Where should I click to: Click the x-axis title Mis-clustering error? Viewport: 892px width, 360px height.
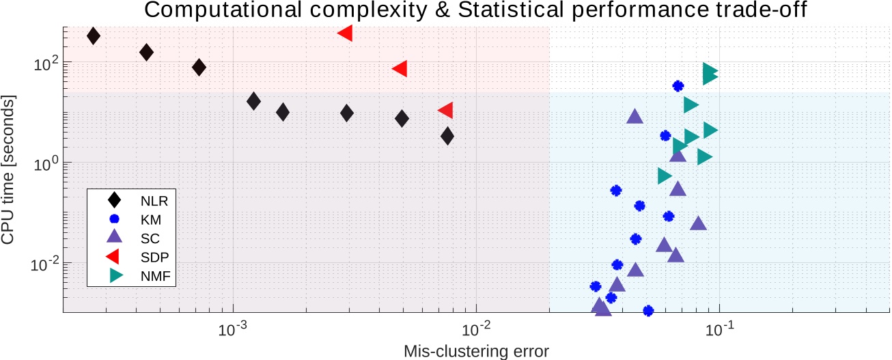pyautogui.click(x=476, y=350)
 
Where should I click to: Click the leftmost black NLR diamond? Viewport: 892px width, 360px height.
pyautogui.click(x=94, y=36)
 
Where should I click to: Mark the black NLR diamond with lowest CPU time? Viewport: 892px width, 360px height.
pyautogui.click(x=447, y=136)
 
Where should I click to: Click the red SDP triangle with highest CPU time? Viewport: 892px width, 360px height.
pyautogui.click(x=345, y=33)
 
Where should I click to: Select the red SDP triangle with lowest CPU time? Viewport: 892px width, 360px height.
pyautogui.click(x=445, y=111)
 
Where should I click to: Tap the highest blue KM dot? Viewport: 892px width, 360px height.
pyautogui.click(x=678, y=86)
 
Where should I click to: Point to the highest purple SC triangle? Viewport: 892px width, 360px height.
pyautogui.click(x=635, y=117)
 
